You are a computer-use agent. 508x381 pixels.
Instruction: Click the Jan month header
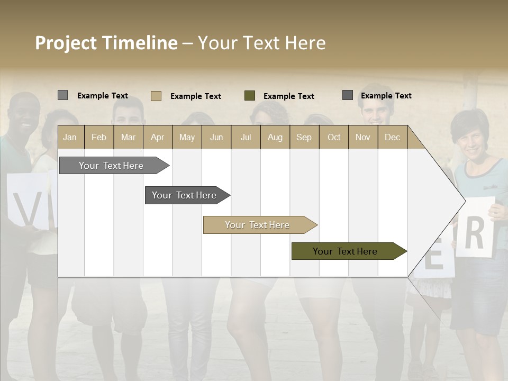(x=70, y=137)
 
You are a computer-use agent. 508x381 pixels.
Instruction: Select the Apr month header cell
(x=157, y=137)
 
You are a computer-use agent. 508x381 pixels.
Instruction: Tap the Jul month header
(x=246, y=137)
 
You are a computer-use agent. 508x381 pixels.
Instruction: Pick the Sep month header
(x=304, y=137)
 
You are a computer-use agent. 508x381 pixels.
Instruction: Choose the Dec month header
(x=392, y=137)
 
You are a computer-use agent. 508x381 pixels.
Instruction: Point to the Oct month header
(x=334, y=137)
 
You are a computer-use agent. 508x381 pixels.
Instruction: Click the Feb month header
(x=99, y=137)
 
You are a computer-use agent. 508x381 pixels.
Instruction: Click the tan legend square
(x=156, y=96)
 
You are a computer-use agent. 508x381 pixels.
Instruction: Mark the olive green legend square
(x=250, y=96)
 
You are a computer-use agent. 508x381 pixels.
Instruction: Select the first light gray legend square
(x=62, y=95)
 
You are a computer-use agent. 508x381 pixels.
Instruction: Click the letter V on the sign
(x=26, y=210)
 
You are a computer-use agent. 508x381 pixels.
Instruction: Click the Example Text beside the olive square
(x=289, y=96)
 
